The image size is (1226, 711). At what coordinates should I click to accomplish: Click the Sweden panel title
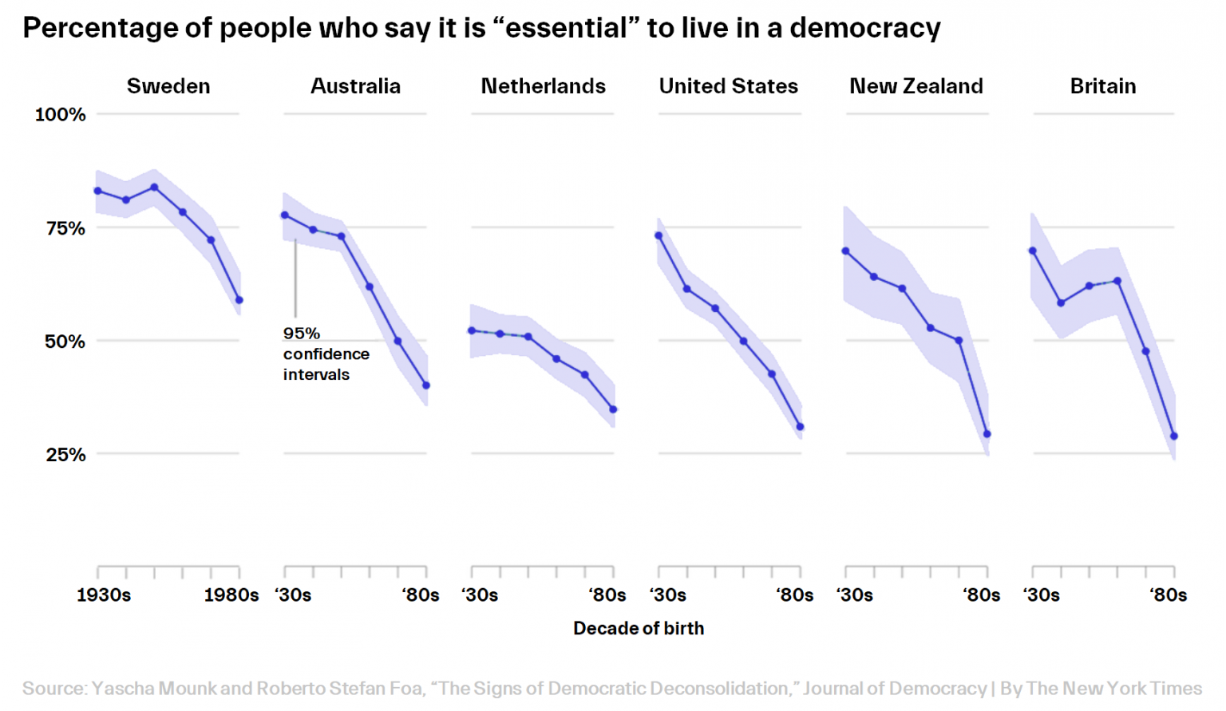[168, 86]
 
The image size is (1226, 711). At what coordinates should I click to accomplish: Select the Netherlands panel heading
[543, 86]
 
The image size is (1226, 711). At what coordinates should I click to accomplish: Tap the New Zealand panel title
[916, 86]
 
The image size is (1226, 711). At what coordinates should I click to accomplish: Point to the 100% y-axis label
[60, 115]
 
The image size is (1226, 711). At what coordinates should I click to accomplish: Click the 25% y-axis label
[65, 455]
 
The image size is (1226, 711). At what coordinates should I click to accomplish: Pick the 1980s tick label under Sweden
[231, 595]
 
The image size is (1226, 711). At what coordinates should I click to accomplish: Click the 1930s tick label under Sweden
[104, 595]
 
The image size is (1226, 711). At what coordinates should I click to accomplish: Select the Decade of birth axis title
[639, 629]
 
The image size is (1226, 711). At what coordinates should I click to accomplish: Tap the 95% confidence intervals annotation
[326, 354]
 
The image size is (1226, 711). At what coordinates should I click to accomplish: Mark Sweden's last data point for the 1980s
[239, 300]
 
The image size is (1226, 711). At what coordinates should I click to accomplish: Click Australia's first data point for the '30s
[285, 215]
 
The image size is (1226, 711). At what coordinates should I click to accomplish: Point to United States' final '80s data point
[800, 427]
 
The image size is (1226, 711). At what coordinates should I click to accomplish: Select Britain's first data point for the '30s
[1033, 251]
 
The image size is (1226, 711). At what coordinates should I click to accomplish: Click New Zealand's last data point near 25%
[987, 434]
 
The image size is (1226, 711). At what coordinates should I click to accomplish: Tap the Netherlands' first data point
[472, 330]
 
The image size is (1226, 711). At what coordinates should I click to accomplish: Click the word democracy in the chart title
[865, 29]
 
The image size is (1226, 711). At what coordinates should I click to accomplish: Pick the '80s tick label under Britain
[1168, 595]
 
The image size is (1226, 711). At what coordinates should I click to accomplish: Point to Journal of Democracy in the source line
[895, 689]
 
